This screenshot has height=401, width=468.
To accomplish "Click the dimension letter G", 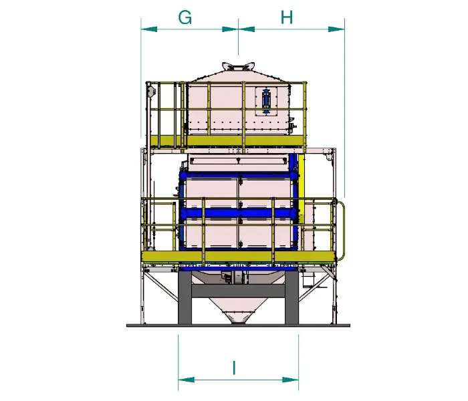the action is point(185,17).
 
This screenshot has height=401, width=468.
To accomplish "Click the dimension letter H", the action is point(287,17).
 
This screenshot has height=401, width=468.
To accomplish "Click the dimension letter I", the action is point(234,368).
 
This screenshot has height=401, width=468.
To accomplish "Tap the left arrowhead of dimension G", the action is point(149,29).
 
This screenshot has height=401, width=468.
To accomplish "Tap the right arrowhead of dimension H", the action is point(336,29).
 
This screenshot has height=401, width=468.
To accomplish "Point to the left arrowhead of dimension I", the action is point(187,380).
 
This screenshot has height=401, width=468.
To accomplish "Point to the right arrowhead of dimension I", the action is point(290,380).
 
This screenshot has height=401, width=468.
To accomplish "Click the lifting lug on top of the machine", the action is point(238,67).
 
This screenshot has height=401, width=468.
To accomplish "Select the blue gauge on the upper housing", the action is point(265,100).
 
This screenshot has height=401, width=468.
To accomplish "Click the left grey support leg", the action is point(185,298).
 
